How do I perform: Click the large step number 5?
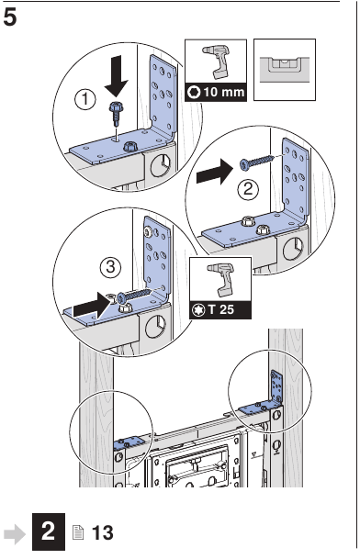coord(9,17)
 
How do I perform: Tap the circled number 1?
coord(84,99)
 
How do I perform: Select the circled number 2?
coord(248,189)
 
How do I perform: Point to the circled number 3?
coord(110,267)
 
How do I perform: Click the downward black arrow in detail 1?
coord(117,76)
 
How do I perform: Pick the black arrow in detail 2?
coord(214,172)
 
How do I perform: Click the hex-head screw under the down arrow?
coord(116,114)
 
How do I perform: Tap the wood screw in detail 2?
coord(257,162)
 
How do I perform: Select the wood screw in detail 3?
coord(134,295)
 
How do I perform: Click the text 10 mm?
coord(224,93)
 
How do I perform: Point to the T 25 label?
coord(221,309)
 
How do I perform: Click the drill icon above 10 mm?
coord(215,61)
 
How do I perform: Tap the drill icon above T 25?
coord(219,279)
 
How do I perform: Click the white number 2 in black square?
coord(49,531)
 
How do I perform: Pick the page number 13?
coord(103,533)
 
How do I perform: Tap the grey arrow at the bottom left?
coord(15,534)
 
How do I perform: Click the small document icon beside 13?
coord(78,532)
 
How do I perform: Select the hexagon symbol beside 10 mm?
coord(195,93)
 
